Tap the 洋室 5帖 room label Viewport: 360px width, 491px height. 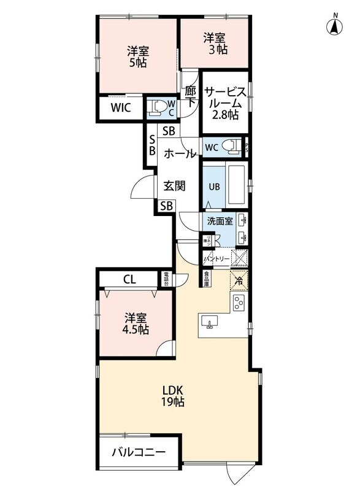click(x=137, y=56)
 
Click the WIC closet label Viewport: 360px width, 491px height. click(x=120, y=109)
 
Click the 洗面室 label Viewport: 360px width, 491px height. click(x=219, y=221)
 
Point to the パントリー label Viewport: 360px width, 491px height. click(x=216, y=259)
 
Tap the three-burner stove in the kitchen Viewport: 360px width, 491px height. click(x=238, y=302)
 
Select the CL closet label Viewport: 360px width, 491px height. click(x=129, y=279)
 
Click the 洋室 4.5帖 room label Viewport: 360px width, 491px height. click(x=136, y=323)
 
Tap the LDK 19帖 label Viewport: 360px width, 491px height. click(x=174, y=396)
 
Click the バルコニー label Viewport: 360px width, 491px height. click(x=138, y=454)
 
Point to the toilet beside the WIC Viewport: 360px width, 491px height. click(x=159, y=109)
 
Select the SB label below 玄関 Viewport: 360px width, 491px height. click(x=166, y=207)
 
